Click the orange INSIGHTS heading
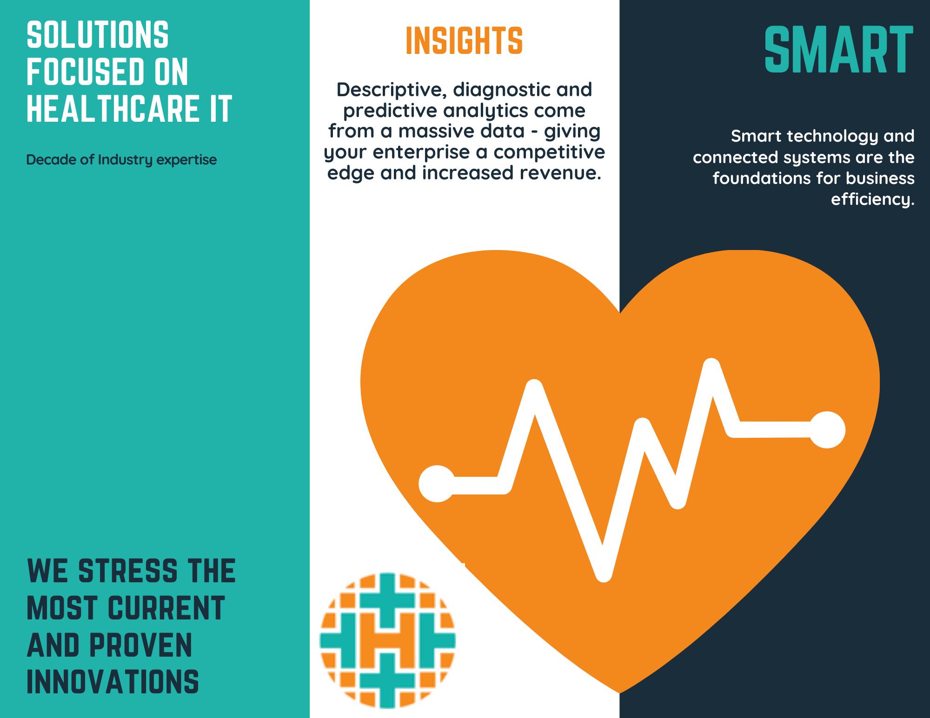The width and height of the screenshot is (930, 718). (x=464, y=40)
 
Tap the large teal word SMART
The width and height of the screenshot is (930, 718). (x=839, y=50)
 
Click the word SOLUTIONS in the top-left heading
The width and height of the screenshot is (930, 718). (x=98, y=35)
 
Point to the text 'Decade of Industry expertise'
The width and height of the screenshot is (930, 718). (x=121, y=160)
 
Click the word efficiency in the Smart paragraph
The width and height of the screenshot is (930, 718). (x=873, y=199)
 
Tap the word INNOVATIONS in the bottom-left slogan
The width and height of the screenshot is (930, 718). (x=113, y=682)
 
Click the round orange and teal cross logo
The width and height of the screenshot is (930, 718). (x=388, y=641)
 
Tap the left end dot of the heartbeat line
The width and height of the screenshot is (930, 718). (x=437, y=484)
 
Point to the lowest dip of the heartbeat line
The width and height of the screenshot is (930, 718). (x=603, y=574)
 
